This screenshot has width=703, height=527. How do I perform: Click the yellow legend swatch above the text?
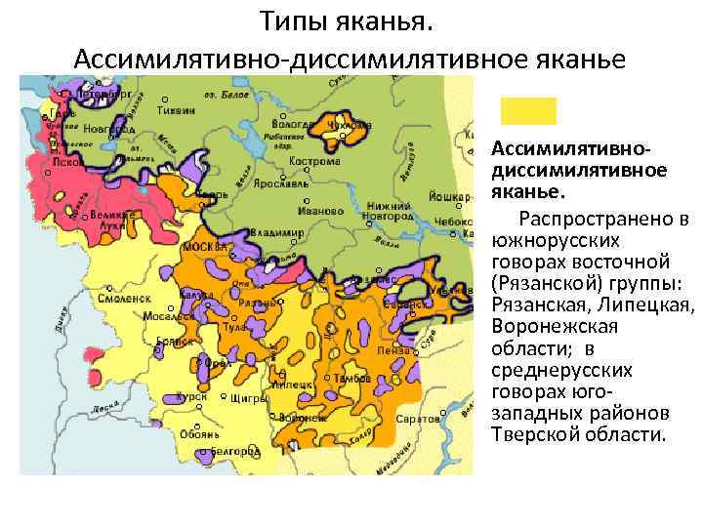click(x=528, y=110)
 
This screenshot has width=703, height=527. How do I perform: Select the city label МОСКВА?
click(x=204, y=247)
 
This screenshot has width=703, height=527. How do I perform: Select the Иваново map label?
click(x=321, y=210)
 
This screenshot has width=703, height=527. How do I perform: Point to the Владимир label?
click(x=276, y=232)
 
